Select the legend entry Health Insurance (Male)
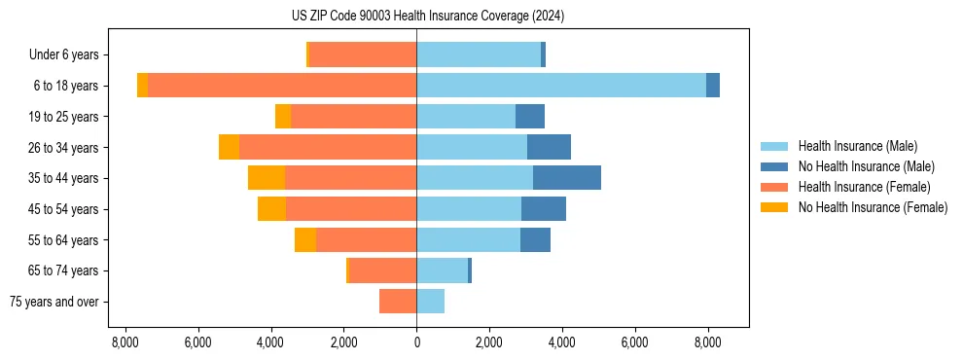(857, 146)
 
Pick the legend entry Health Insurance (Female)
(864, 187)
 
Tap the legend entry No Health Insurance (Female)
(873, 207)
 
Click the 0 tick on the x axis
(416, 342)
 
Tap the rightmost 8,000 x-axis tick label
(707, 342)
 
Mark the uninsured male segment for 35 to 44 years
(567, 178)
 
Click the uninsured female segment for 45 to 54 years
(271, 209)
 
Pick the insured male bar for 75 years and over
(430, 302)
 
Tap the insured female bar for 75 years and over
(398, 302)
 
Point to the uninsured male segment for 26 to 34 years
(549, 147)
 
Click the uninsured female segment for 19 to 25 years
(283, 117)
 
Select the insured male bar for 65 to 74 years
(442, 270)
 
